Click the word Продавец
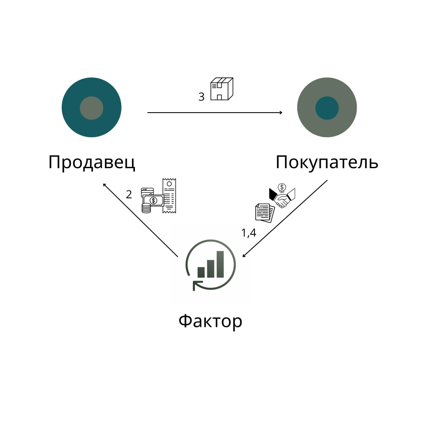92,162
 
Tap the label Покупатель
327,162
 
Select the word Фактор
210,321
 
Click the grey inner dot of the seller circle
92,108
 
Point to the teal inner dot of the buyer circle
327,108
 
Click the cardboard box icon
222,89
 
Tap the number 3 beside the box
201,97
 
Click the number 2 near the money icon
129,194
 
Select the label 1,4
249,233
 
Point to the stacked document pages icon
265,213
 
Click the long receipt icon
169,195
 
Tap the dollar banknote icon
153,200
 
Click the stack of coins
146,208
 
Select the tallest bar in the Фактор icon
220,264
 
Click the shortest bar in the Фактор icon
201,272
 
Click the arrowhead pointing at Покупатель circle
281,113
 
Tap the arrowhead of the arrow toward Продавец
105,185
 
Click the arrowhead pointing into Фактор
244,255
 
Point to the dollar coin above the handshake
282,187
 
